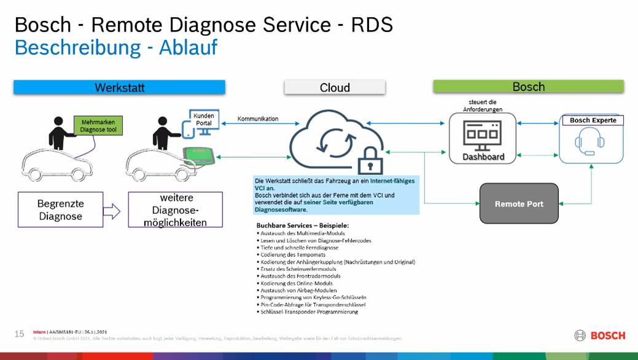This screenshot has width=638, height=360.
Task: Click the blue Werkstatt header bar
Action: point(119,88)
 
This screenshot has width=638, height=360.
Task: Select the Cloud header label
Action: point(335,88)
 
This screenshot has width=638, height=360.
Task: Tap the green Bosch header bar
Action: point(528,87)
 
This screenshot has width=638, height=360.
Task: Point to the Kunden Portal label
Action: point(203,119)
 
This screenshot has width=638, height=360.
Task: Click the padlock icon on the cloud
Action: point(370,160)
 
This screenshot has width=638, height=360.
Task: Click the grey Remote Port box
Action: point(519,203)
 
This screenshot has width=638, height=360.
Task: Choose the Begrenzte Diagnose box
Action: point(60,209)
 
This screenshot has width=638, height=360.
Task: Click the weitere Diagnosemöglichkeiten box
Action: point(175,209)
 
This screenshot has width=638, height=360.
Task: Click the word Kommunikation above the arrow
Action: point(257,119)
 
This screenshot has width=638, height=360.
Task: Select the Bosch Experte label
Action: point(593,120)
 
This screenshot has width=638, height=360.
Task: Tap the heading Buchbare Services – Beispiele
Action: point(302,225)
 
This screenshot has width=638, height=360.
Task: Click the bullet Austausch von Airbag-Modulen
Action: point(295,290)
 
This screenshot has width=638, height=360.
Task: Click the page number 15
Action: point(19,334)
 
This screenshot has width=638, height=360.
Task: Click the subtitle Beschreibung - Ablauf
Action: point(115,47)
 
